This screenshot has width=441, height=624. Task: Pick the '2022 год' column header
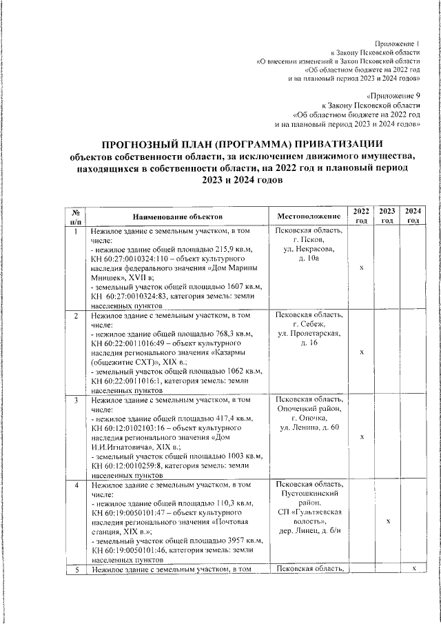coord(362,215)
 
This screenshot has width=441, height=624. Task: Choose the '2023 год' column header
coord(387,215)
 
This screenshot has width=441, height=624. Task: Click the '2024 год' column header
coord(413,215)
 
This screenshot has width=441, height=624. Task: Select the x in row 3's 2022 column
coord(362,436)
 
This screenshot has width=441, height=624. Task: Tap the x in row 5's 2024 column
coord(413,567)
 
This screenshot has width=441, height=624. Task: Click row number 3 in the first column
coord(76,399)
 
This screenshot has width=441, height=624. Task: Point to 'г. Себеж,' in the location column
coord(308,324)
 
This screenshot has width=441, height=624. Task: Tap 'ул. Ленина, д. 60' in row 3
coord(308,428)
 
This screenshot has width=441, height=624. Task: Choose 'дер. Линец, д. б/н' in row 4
coord(308,531)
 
